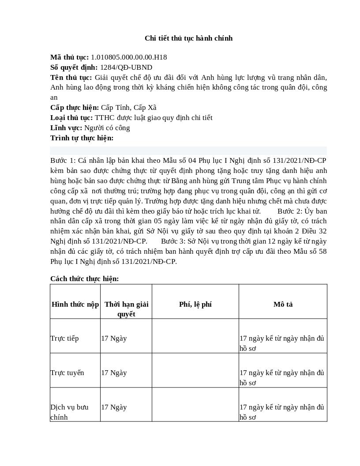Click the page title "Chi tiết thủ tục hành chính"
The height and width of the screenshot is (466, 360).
[188, 38]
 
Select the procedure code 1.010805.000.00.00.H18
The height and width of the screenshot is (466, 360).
[129, 57]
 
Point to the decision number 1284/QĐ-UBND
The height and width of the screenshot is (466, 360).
[126, 68]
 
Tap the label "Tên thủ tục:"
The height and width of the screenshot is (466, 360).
[71, 78]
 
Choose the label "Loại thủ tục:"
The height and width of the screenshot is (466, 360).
[71, 118]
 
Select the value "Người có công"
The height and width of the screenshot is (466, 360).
[107, 128]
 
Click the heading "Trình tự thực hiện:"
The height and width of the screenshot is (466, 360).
[82, 138]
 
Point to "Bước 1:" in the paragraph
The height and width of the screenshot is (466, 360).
[63, 161]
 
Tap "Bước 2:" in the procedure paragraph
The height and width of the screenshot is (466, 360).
[290, 211]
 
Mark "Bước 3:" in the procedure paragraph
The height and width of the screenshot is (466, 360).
[173, 241]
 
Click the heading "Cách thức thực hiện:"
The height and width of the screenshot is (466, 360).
[85, 279]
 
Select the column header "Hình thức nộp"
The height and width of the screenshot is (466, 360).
[75, 304]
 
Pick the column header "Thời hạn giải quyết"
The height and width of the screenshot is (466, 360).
[126, 309]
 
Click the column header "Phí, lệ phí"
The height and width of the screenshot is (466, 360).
[195, 304]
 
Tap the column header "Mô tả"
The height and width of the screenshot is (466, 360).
[283, 304]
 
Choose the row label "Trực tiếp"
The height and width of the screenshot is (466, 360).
[64, 338]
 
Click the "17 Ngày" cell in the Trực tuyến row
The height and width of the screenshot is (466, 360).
[114, 373]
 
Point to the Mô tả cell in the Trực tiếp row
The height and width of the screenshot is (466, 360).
[282, 343]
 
